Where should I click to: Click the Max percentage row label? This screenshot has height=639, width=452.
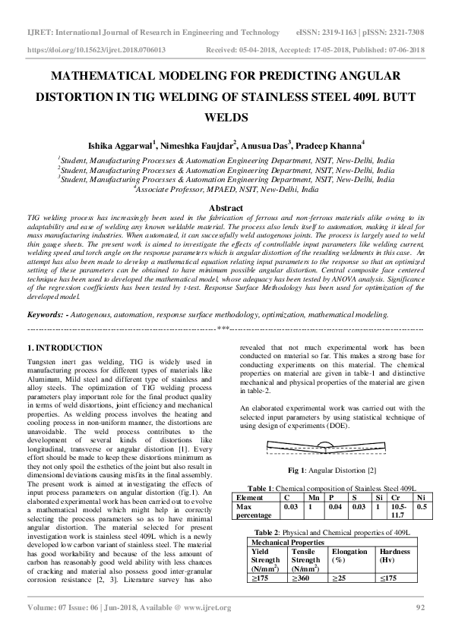tap(254, 509)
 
